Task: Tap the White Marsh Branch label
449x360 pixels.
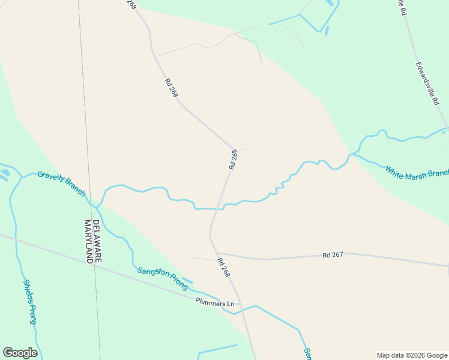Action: coord(417,172)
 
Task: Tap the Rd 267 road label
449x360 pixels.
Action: coord(332,255)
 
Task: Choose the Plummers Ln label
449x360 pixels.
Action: coord(214,304)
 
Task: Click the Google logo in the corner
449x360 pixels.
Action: coord(20,353)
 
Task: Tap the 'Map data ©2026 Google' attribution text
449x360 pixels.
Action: coord(412,355)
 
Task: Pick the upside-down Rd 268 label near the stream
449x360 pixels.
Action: coord(234,158)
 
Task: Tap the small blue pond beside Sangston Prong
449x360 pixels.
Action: coord(187,280)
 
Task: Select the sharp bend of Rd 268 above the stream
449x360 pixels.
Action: coord(234,148)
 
